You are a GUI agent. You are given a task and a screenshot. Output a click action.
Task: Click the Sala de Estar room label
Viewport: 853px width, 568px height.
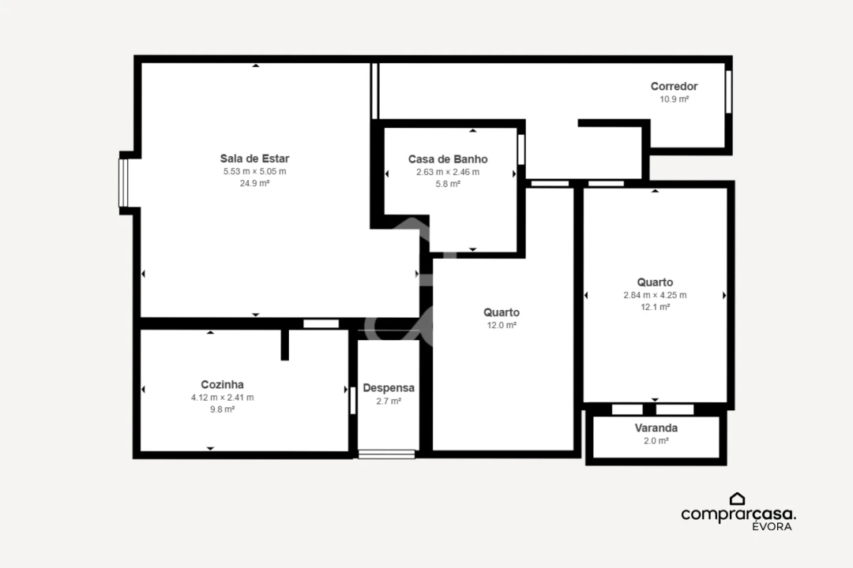pos(254,159)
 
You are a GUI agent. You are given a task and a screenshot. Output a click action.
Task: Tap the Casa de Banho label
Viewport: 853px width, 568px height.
pos(448,159)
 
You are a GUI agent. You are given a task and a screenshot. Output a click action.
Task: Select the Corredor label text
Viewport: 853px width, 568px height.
pos(674,87)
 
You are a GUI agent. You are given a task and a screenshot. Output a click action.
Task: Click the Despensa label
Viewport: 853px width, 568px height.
pos(389,388)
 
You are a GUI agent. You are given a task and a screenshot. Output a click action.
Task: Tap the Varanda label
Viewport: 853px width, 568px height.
pos(656,428)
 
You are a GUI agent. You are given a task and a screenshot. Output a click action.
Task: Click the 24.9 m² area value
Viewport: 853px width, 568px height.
pos(254,183)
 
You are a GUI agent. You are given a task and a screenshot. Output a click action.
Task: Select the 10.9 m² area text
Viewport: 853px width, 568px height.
pos(674,99)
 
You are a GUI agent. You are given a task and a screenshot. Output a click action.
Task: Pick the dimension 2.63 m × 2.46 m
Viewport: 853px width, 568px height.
pos(448,172)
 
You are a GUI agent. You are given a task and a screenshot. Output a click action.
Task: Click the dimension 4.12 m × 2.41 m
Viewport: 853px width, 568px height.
pos(222,398)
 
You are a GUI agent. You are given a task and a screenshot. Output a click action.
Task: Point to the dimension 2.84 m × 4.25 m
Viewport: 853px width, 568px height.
pos(655,295)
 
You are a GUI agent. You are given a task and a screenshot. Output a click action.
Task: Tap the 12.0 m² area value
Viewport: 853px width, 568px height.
pos(502,325)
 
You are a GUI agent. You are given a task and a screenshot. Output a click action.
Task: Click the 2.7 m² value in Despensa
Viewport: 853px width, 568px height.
pos(389,401)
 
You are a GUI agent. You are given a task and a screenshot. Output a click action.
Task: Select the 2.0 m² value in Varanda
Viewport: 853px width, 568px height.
pos(656,441)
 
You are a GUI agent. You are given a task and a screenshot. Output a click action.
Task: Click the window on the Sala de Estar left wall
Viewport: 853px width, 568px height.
pos(123,183)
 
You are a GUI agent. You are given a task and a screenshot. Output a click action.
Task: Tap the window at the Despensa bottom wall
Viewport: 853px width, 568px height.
pos(386,454)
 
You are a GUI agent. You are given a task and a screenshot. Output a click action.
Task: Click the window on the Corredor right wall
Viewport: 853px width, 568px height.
pos(728,92)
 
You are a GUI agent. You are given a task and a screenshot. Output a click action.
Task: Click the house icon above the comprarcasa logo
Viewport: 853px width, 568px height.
pos(737,499)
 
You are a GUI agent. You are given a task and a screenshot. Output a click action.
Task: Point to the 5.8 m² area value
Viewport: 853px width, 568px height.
pos(448,184)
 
